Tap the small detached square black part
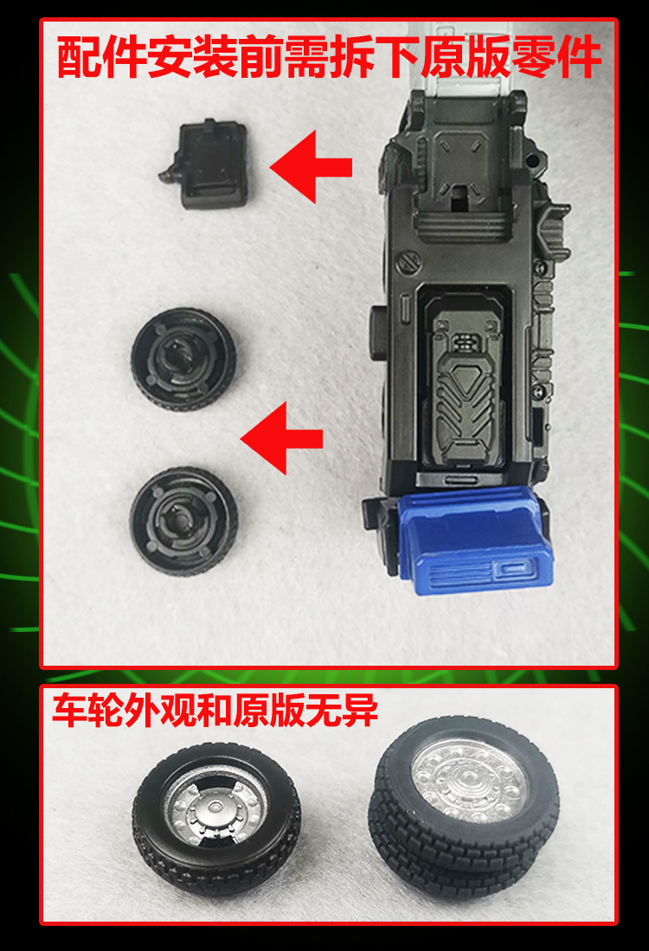tap(208, 164)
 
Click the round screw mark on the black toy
tap(404, 262)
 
